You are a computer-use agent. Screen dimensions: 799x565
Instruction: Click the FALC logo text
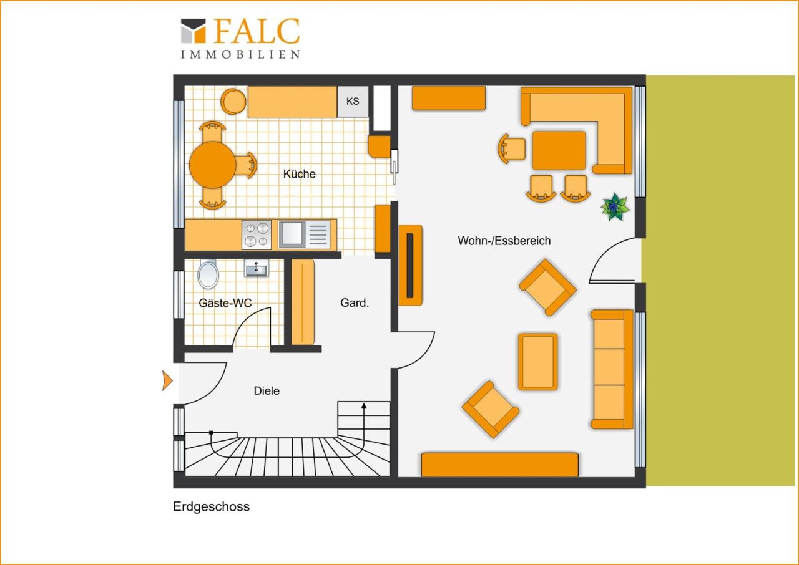pos(257,31)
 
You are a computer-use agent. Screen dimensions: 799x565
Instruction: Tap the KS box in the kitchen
pos(353,101)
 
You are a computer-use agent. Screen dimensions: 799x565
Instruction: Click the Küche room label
pos(299,174)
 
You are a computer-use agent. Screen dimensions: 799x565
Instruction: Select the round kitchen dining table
pos(213,165)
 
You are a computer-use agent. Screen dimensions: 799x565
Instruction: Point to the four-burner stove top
pos(257,234)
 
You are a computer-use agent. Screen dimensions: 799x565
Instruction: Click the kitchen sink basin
pos(292,234)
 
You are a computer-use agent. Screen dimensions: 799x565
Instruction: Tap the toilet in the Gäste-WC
pos(208,274)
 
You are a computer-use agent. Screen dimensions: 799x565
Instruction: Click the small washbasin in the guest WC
pos(256,268)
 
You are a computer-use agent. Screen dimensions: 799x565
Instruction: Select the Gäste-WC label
pos(225,303)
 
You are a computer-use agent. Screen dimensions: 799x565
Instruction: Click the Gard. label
pos(355,303)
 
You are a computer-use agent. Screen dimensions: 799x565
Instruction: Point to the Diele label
pos(267,391)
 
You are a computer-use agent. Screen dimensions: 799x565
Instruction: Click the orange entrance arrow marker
pos(167,380)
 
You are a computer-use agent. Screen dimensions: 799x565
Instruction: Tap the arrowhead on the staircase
pos(364,406)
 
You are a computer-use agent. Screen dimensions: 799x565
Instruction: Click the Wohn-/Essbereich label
pos(504,241)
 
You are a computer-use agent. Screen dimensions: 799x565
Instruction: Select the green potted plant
pos(614,207)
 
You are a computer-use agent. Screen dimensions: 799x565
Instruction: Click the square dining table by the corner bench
pos(559,150)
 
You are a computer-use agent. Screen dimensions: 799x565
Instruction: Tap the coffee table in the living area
pos(537,362)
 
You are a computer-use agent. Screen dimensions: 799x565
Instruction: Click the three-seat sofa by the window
pos(612,369)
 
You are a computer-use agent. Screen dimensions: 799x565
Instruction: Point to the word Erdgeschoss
pos(211,506)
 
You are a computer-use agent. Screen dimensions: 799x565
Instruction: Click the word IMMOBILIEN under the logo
pos(240,54)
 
